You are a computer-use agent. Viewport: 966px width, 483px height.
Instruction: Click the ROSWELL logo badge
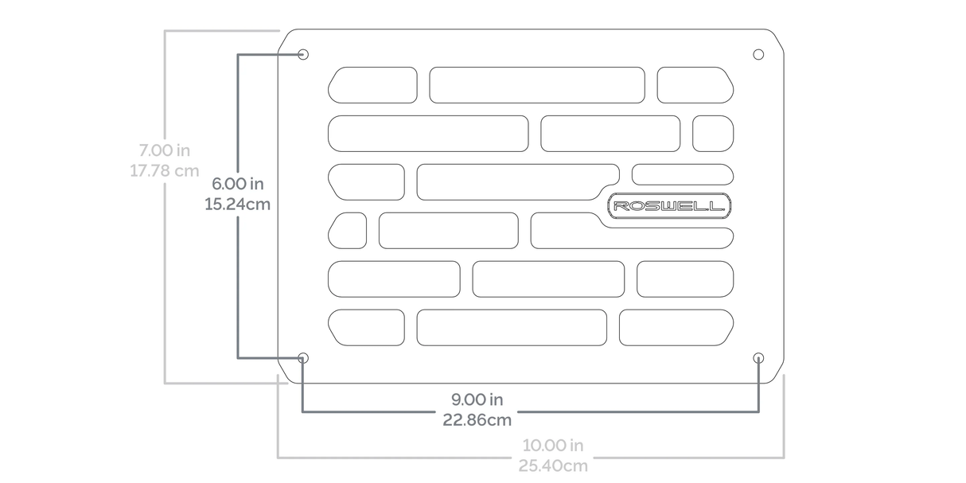point(669,206)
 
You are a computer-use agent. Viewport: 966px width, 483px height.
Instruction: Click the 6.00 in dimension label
point(238,184)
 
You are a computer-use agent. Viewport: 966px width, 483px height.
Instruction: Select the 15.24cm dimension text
point(238,204)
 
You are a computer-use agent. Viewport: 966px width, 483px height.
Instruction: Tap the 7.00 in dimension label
point(164,150)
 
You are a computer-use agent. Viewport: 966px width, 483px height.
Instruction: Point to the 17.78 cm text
point(164,171)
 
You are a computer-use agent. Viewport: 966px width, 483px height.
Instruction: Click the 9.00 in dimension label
point(477,399)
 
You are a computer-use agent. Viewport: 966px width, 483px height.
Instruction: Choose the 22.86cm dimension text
point(477,419)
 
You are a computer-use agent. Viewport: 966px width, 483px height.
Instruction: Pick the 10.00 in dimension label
point(553,445)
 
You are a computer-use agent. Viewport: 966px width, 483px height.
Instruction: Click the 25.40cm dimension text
point(553,465)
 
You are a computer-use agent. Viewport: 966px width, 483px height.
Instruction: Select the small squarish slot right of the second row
point(713,133)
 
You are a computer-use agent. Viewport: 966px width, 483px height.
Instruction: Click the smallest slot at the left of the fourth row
point(348,230)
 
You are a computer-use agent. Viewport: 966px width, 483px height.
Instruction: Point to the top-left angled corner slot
point(372,85)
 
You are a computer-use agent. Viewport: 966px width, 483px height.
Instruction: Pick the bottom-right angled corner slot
point(676,327)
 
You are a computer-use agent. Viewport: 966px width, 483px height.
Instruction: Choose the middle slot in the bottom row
point(512,327)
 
